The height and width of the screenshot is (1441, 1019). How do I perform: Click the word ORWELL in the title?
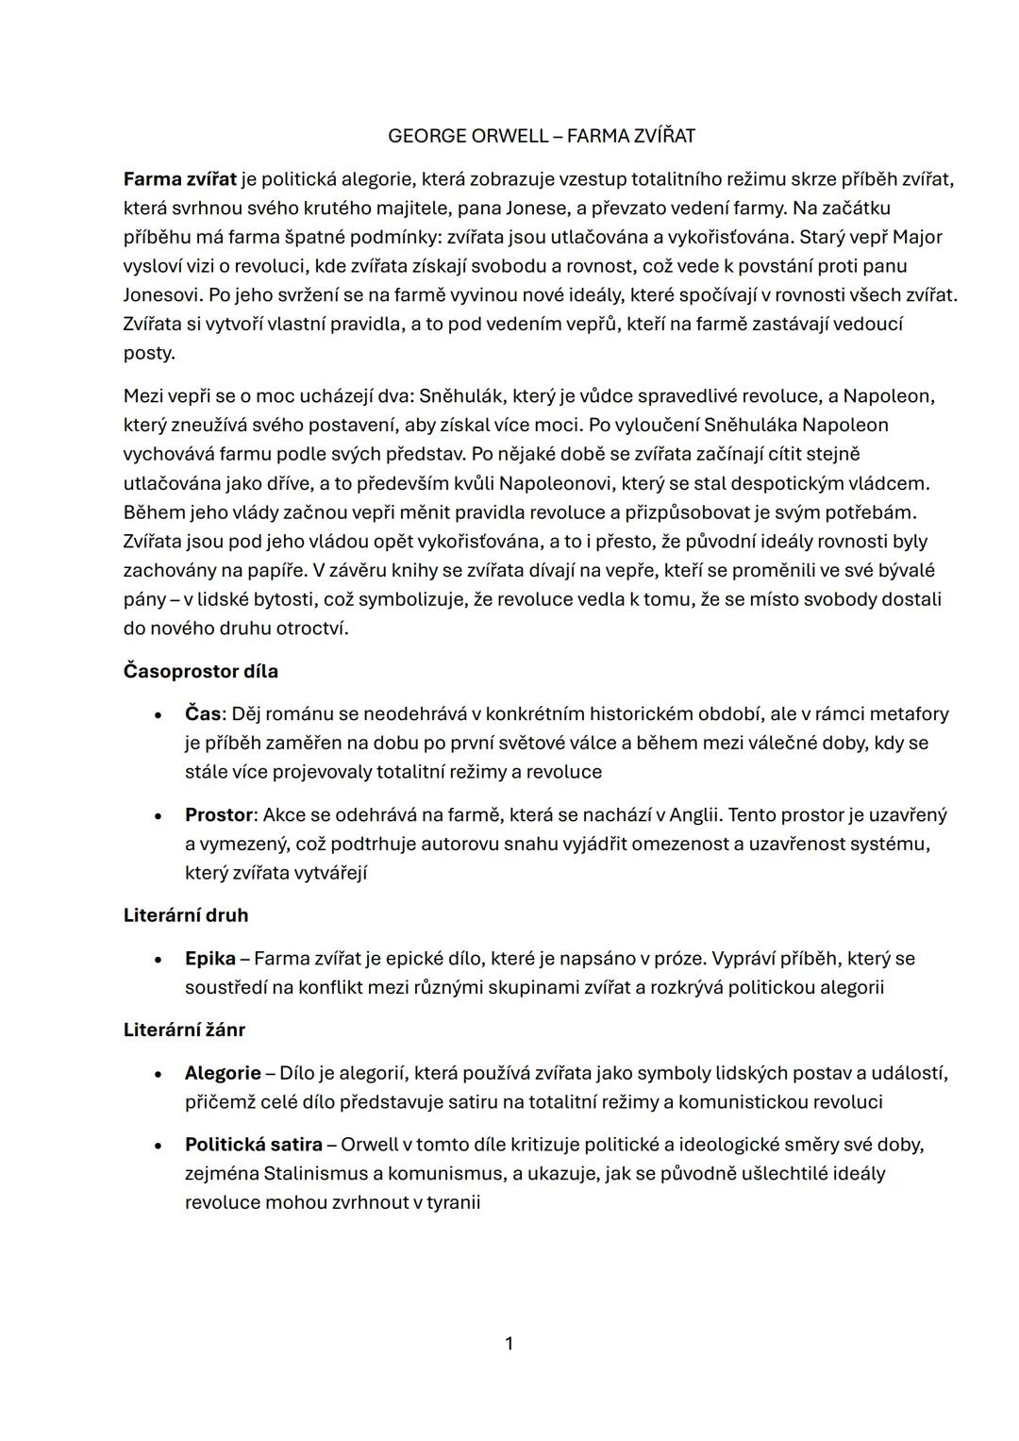point(508,136)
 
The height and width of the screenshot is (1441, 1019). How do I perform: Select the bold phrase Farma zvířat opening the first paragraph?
point(179,178)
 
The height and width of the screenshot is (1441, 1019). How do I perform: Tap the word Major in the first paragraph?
point(917,237)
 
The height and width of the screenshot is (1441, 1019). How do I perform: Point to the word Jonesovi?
point(162,295)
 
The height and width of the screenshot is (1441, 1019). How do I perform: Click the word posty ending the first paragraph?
point(149,354)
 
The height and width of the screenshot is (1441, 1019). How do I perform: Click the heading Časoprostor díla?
point(200,672)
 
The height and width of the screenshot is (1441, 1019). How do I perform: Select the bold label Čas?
point(202,714)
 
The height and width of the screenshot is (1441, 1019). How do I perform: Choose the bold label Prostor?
point(219,815)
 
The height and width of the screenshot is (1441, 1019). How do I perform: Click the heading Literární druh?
point(186,915)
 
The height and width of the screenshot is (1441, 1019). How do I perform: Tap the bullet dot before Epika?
point(159,960)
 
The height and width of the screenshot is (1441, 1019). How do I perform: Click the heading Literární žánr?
point(184,1030)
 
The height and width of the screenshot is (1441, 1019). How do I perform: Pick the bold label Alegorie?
point(223,1074)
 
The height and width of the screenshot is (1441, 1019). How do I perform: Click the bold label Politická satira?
point(253,1146)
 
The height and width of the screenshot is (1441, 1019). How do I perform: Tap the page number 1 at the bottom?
point(509,1344)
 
